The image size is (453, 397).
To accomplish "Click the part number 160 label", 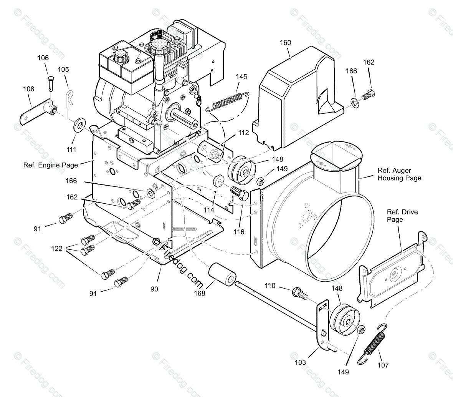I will pyautogui.click(x=285, y=43).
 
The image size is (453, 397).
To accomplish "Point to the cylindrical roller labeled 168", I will pyautogui.click(x=221, y=274).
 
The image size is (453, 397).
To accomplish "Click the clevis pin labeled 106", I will pyautogui.click(x=51, y=81).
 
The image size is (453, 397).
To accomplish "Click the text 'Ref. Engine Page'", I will pyautogui.click(x=51, y=165).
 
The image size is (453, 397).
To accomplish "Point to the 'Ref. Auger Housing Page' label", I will pyautogui.click(x=399, y=174).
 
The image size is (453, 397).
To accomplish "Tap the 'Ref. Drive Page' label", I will pyautogui.click(x=402, y=216).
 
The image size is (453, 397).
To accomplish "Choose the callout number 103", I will pyautogui.click(x=300, y=362).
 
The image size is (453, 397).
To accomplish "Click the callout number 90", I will pyautogui.click(x=154, y=289).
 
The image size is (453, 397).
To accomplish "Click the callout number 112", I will pyautogui.click(x=243, y=133).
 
